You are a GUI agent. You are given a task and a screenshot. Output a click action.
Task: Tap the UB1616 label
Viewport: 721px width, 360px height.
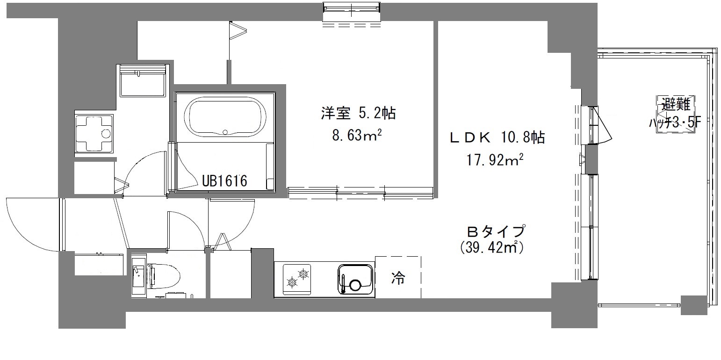coord(224,181)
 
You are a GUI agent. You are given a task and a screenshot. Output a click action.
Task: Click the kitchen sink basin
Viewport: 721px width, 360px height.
coord(355,279)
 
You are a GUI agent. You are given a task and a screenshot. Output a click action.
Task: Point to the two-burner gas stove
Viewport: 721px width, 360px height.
coord(297,279)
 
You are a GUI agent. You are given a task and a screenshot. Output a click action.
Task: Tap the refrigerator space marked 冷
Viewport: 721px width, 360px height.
coord(398,277)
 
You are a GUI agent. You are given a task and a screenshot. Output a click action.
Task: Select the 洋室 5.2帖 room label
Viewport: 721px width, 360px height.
coord(358,113)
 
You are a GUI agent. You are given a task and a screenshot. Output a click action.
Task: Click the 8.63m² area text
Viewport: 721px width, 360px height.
coord(357,135)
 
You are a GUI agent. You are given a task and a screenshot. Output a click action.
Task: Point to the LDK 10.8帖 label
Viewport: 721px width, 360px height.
coord(497,137)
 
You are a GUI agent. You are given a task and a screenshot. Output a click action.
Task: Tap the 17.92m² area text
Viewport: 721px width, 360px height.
coord(494,160)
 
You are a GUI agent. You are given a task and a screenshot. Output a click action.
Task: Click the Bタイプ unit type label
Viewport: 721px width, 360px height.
coord(496,231)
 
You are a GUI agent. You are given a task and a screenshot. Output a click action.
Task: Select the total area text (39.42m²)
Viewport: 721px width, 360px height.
coord(491,248)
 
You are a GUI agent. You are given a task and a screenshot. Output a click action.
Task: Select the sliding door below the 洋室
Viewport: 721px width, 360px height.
coord(360,193)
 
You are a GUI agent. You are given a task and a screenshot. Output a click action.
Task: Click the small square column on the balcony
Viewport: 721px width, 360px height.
coord(693,305)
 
